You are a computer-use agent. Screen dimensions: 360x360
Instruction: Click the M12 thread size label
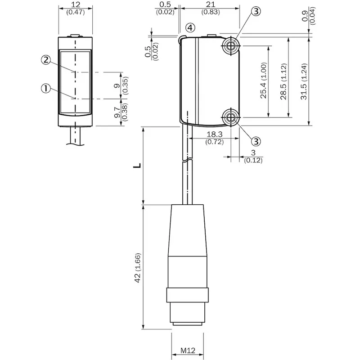click(188, 351)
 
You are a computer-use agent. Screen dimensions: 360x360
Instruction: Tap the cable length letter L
click(137, 166)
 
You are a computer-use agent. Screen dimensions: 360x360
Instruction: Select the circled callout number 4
click(190, 28)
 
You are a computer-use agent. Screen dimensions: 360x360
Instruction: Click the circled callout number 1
click(46, 88)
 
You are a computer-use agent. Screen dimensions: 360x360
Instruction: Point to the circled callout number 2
click(46, 60)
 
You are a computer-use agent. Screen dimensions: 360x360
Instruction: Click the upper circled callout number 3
click(256, 11)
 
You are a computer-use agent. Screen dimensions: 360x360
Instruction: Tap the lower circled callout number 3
click(256, 141)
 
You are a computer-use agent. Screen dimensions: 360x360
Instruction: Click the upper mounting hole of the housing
click(230, 46)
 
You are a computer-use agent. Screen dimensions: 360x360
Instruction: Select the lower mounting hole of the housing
click(230, 117)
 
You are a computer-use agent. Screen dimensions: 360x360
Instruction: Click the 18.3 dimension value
click(215, 134)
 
